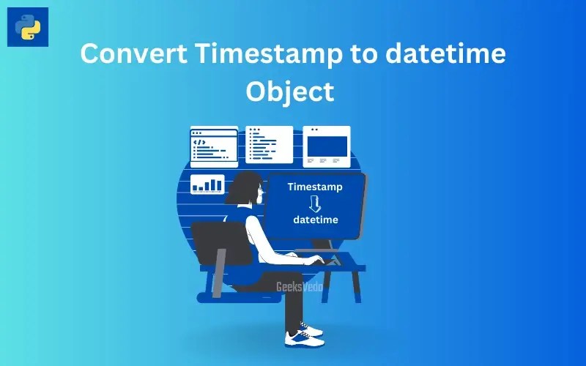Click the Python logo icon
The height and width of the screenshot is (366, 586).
(28, 27)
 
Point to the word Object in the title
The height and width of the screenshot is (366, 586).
(290, 91)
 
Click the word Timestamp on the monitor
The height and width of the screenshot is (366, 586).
(315, 187)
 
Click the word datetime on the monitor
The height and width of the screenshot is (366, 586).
(316, 220)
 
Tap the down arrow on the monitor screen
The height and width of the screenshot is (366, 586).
(315, 203)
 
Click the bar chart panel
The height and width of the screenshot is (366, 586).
(207, 184)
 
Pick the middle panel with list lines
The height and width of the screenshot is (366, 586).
(269, 144)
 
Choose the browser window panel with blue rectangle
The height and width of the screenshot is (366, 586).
(327, 145)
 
